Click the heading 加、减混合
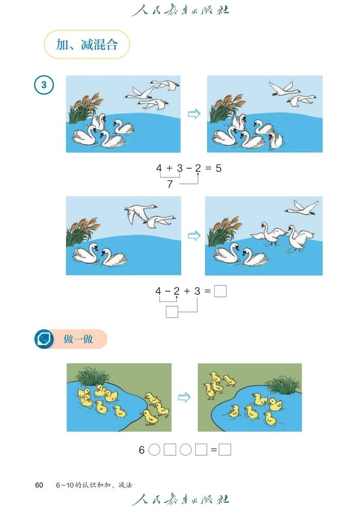pyautogui.click(x=87, y=45)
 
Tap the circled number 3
pyautogui.click(x=44, y=85)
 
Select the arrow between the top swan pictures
pyautogui.click(x=194, y=114)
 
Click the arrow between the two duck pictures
pyautogui.click(x=184, y=397)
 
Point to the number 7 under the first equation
pyautogui.click(x=170, y=184)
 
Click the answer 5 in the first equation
pyautogui.click(x=218, y=168)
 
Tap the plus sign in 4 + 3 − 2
pyautogui.click(x=169, y=168)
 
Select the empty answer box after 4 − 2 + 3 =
pyautogui.click(x=220, y=292)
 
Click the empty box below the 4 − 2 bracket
pyautogui.click(x=172, y=312)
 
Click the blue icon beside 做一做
pyautogui.click(x=44, y=339)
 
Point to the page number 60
pyautogui.click(x=39, y=485)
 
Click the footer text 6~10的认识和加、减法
pyautogui.click(x=94, y=485)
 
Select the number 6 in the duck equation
pyautogui.click(x=142, y=450)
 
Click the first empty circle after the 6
pyautogui.click(x=154, y=450)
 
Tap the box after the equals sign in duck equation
pyautogui.click(x=225, y=450)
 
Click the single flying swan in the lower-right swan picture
pyautogui.click(x=302, y=207)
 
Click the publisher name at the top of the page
pyautogui.click(x=180, y=10)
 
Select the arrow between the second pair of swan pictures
pyautogui.click(x=194, y=235)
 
